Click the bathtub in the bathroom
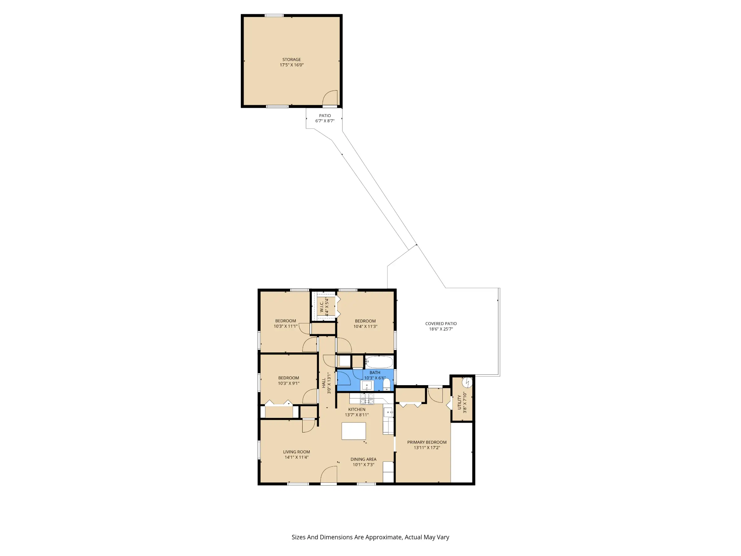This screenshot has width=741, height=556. pyautogui.click(x=379, y=362)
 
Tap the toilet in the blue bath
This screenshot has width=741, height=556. pyautogui.click(x=387, y=385)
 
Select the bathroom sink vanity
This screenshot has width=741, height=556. pyautogui.click(x=367, y=385)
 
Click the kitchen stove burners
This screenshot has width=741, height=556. pyautogui.click(x=367, y=399)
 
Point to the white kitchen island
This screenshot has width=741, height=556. pyautogui.click(x=354, y=431)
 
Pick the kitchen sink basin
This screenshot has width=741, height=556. pyautogui.click(x=388, y=412)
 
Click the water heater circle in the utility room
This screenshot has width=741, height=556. pyautogui.click(x=467, y=382)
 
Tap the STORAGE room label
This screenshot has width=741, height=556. pyautogui.click(x=291, y=60)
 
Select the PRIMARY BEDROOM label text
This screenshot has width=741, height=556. pyautogui.click(x=427, y=442)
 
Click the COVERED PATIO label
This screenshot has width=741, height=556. pyautogui.click(x=441, y=323)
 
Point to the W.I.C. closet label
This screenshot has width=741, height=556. pyautogui.click(x=322, y=307)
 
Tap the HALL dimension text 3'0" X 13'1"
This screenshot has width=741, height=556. pyautogui.click(x=329, y=383)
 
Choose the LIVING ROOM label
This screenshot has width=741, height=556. pyautogui.click(x=296, y=452)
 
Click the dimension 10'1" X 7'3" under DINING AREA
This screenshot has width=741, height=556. pyautogui.click(x=363, y=465)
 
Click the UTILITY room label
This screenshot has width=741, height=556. pyautogui.click(x=459, y=402)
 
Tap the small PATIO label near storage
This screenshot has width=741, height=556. pyautogui.click(x=325, y=116)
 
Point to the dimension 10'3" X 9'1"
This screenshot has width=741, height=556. pyautogui.click(x=288, y=383)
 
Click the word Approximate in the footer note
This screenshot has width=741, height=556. pyautogui.click(x=383, y=537)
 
